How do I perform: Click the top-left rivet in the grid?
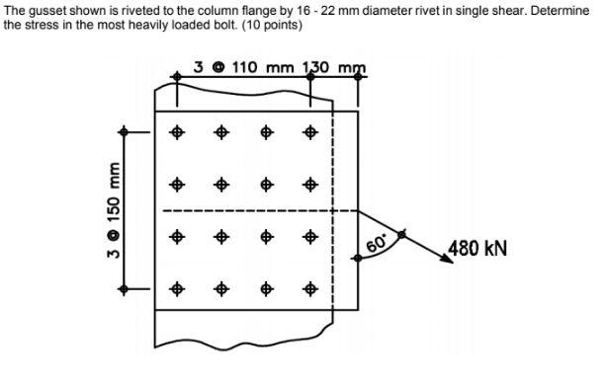coord(178,131)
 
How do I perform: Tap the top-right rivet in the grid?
coord(310,131)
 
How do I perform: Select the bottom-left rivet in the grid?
coord(178,289)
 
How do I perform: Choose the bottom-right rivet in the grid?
coord(310,289)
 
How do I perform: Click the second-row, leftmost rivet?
coord(178,184)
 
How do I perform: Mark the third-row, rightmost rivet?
coord(310,237)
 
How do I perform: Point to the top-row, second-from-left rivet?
coord(222,131)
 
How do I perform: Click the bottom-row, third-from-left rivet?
coord(267,289)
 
